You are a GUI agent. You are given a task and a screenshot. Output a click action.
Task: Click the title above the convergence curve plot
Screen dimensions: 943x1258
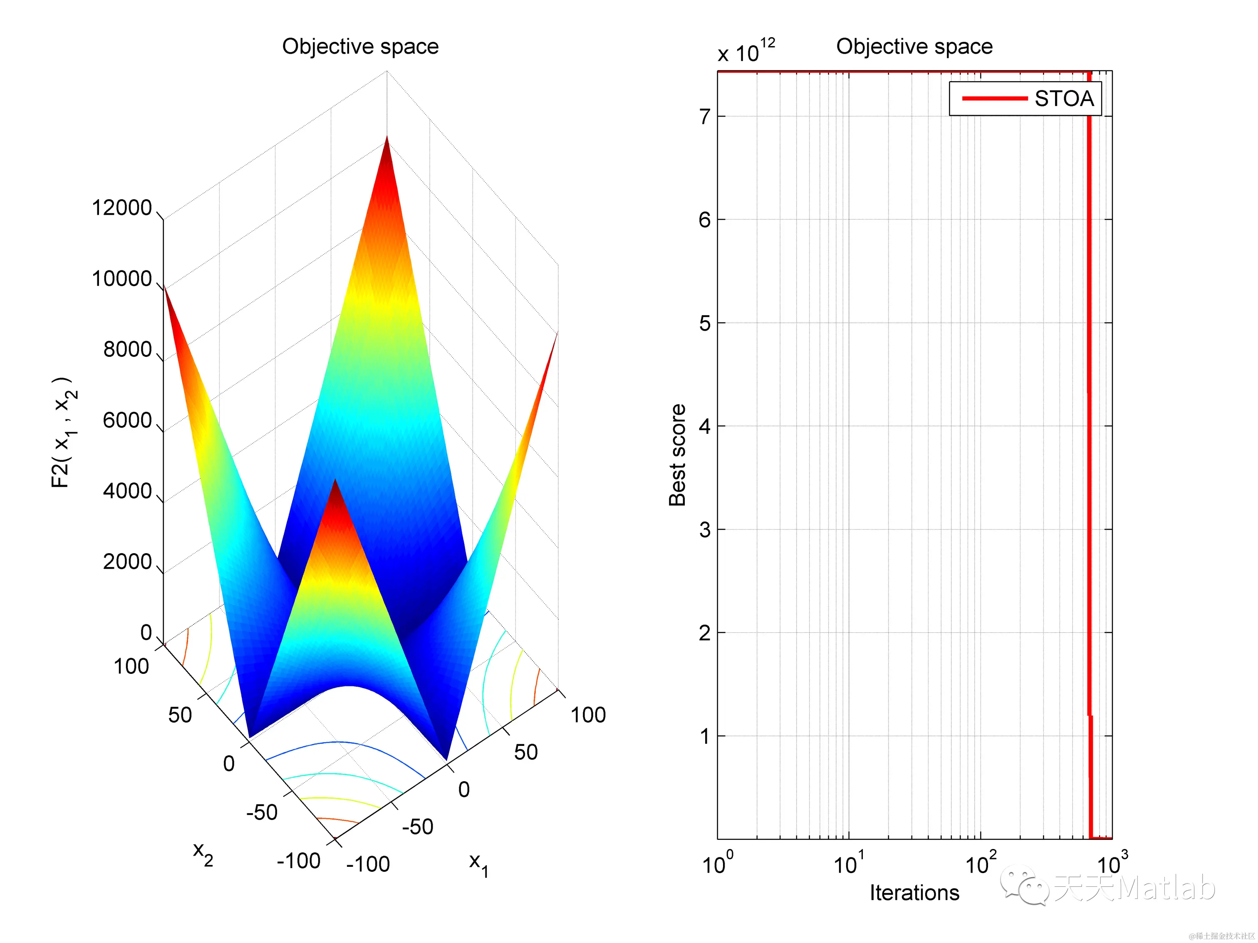point(914,47)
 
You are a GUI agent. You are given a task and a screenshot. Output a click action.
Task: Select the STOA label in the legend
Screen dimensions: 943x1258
point(1063,99)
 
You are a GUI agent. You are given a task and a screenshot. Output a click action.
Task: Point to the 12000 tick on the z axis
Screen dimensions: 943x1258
point(122,208)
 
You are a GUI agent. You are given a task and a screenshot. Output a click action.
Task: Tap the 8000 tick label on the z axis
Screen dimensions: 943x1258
point(127,349)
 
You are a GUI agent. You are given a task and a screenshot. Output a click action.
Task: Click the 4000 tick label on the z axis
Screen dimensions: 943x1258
point(127,491)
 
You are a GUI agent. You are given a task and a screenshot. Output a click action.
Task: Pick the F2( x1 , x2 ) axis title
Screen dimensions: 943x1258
point(64,432)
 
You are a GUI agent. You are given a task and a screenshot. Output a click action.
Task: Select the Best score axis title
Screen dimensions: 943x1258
point(677,455)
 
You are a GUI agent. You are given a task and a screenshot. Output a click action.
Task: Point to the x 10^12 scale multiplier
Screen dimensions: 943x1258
point(745,51)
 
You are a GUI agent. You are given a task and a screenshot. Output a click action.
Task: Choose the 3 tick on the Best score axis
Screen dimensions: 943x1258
point(705,530)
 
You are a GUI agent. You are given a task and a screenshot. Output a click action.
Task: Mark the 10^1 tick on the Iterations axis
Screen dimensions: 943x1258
point(848,864)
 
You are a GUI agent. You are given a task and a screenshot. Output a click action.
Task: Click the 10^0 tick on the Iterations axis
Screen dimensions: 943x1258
point(717,864)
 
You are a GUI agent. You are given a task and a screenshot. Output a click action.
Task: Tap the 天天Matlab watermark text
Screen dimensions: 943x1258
point(1134,887)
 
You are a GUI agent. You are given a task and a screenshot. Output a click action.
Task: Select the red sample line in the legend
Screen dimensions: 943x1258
point(994,99)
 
